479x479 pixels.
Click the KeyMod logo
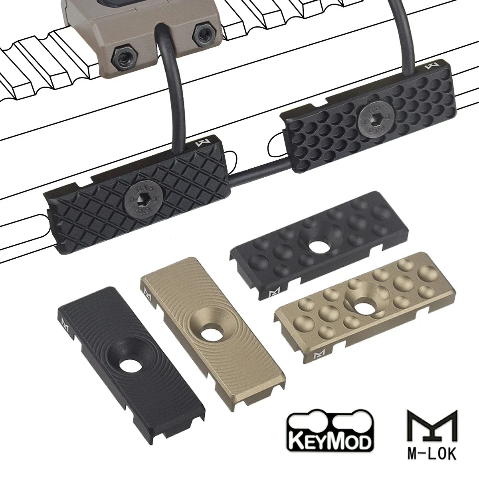[330, 435]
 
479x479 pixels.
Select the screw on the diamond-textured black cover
[137, 198]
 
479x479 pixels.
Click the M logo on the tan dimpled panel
[319, 354]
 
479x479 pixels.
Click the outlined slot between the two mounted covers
[275, 148]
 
